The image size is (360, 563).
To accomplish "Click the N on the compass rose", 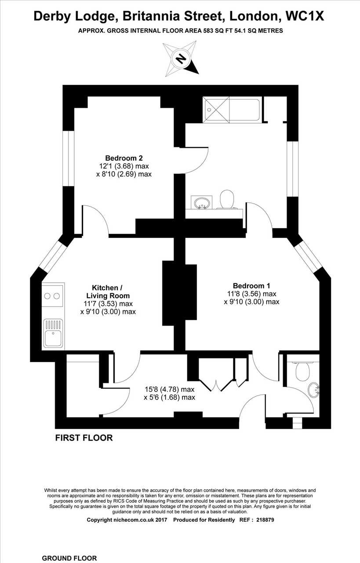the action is click(x=181, y=59).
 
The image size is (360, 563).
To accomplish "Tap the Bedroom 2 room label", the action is click(x=124, y=158).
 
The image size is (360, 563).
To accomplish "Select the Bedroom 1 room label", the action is click(x=251, y=286).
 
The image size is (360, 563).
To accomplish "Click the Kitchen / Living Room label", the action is click(x=108, y=292).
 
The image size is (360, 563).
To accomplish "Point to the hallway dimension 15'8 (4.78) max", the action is click(x=170, y=389).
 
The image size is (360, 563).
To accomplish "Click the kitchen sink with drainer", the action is click(x=53, y=333).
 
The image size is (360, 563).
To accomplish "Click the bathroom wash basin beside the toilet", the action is click(x=202, y=202).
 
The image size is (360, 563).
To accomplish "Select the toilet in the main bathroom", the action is click(x=227, y=199).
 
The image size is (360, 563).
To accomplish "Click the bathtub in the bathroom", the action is click(x=231, y=110).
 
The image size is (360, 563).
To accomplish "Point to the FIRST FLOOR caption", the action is click(x=84, y=438).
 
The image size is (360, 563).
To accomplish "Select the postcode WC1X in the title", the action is click(x=305, y=16).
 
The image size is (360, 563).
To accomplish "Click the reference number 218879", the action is click(x=265, y=520).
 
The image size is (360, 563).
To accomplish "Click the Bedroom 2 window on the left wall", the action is click(x=68, y=158).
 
